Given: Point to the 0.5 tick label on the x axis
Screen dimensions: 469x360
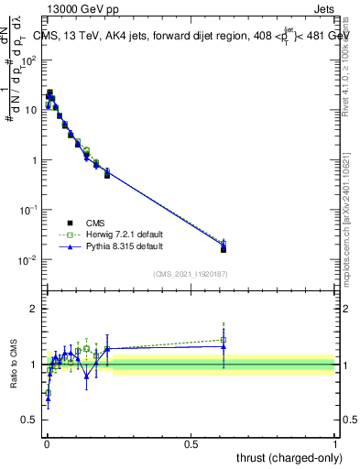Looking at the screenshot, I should pyautogui.click(x=191, y=443).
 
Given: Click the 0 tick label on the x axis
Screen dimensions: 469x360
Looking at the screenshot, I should pyautogui.click(x=46, y=443).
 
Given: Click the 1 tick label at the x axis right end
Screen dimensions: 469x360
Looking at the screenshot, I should pyautogui.click(x=335, y=443).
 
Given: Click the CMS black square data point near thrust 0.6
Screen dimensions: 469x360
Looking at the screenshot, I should pyautogui.click(x=224, y=249).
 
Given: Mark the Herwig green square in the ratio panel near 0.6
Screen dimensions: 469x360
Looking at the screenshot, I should pyautogui.click(x=224, y=340).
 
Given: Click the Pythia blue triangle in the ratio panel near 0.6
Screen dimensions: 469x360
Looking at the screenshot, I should pyautogui.click(x=224, y=346).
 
